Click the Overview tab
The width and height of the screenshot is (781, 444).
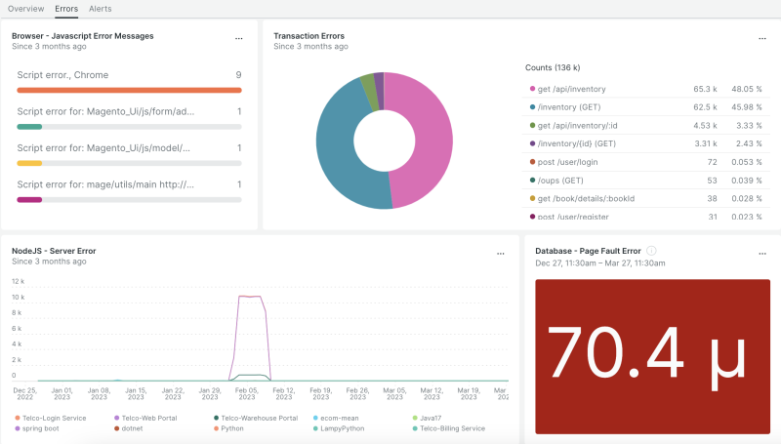[x=26, y=9]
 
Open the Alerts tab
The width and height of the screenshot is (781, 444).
[x=100, y=9]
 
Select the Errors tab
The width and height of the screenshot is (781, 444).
[x=66, y=9]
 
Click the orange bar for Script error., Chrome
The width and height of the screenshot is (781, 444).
[x=129, y=90]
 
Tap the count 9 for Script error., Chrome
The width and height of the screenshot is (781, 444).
[x=237, y=75]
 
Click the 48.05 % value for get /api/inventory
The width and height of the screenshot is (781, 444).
[x=745, y=88]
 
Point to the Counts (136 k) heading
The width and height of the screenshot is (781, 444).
[x=553, y=67]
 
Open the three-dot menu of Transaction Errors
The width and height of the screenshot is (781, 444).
[x=762, y=38]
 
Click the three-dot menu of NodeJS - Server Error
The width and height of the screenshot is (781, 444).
[x=501, y=253]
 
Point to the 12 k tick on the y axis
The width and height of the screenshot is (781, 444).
[x=17, y=281]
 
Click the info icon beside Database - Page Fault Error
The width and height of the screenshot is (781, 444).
[x=651, y=251]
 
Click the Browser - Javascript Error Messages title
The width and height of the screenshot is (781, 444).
[x=82, y=36]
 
